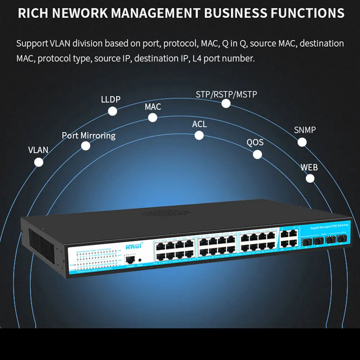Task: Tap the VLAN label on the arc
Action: [x=38, y=150]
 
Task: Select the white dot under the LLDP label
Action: [x=113, y=111]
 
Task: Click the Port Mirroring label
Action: [x=89, y=135]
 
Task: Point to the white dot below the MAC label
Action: [x=153, y=118]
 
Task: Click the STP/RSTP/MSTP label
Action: [x=226, y=94]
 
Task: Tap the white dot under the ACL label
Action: [x=199, y=135]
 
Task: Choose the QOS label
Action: [x=255, y=142]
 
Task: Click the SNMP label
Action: [x=305, y=130]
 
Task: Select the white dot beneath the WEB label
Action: [x=310, y=178]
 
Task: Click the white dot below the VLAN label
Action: [x=39, y=162]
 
